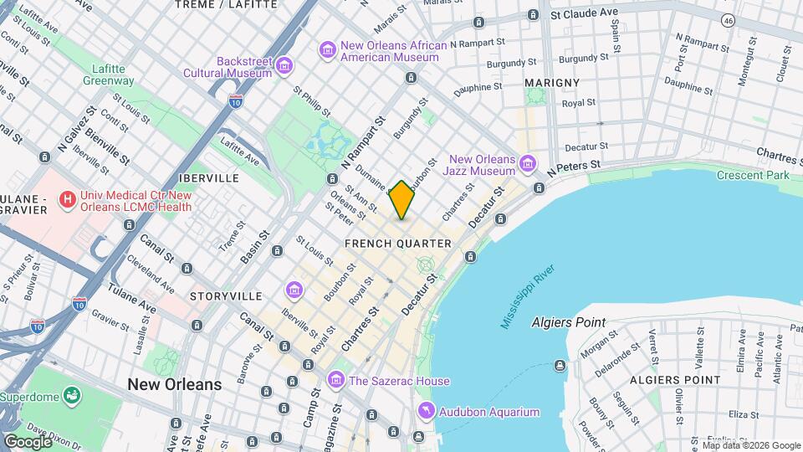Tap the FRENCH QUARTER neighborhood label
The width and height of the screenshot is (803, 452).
point(398,244)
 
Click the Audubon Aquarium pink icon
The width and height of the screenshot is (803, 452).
point(427,412)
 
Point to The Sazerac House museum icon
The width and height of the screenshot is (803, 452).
point(335,381)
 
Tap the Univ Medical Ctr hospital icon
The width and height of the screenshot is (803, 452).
point(66,199)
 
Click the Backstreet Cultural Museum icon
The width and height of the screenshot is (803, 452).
point(284,65)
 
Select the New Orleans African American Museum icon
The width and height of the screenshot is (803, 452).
point(327,50)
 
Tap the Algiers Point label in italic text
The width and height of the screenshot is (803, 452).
point(569,322)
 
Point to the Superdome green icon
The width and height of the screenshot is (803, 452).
point(72,394)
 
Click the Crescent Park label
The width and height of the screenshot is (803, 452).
point(753,176)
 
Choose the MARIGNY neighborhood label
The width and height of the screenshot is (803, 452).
point(551,83)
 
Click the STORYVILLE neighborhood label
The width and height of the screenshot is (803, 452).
point(225,296)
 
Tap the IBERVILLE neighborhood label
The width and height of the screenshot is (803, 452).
point(208,178)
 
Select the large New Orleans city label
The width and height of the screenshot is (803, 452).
point(175,384)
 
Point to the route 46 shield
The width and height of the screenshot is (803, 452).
point(729,18)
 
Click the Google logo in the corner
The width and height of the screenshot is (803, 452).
point(28,441)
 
